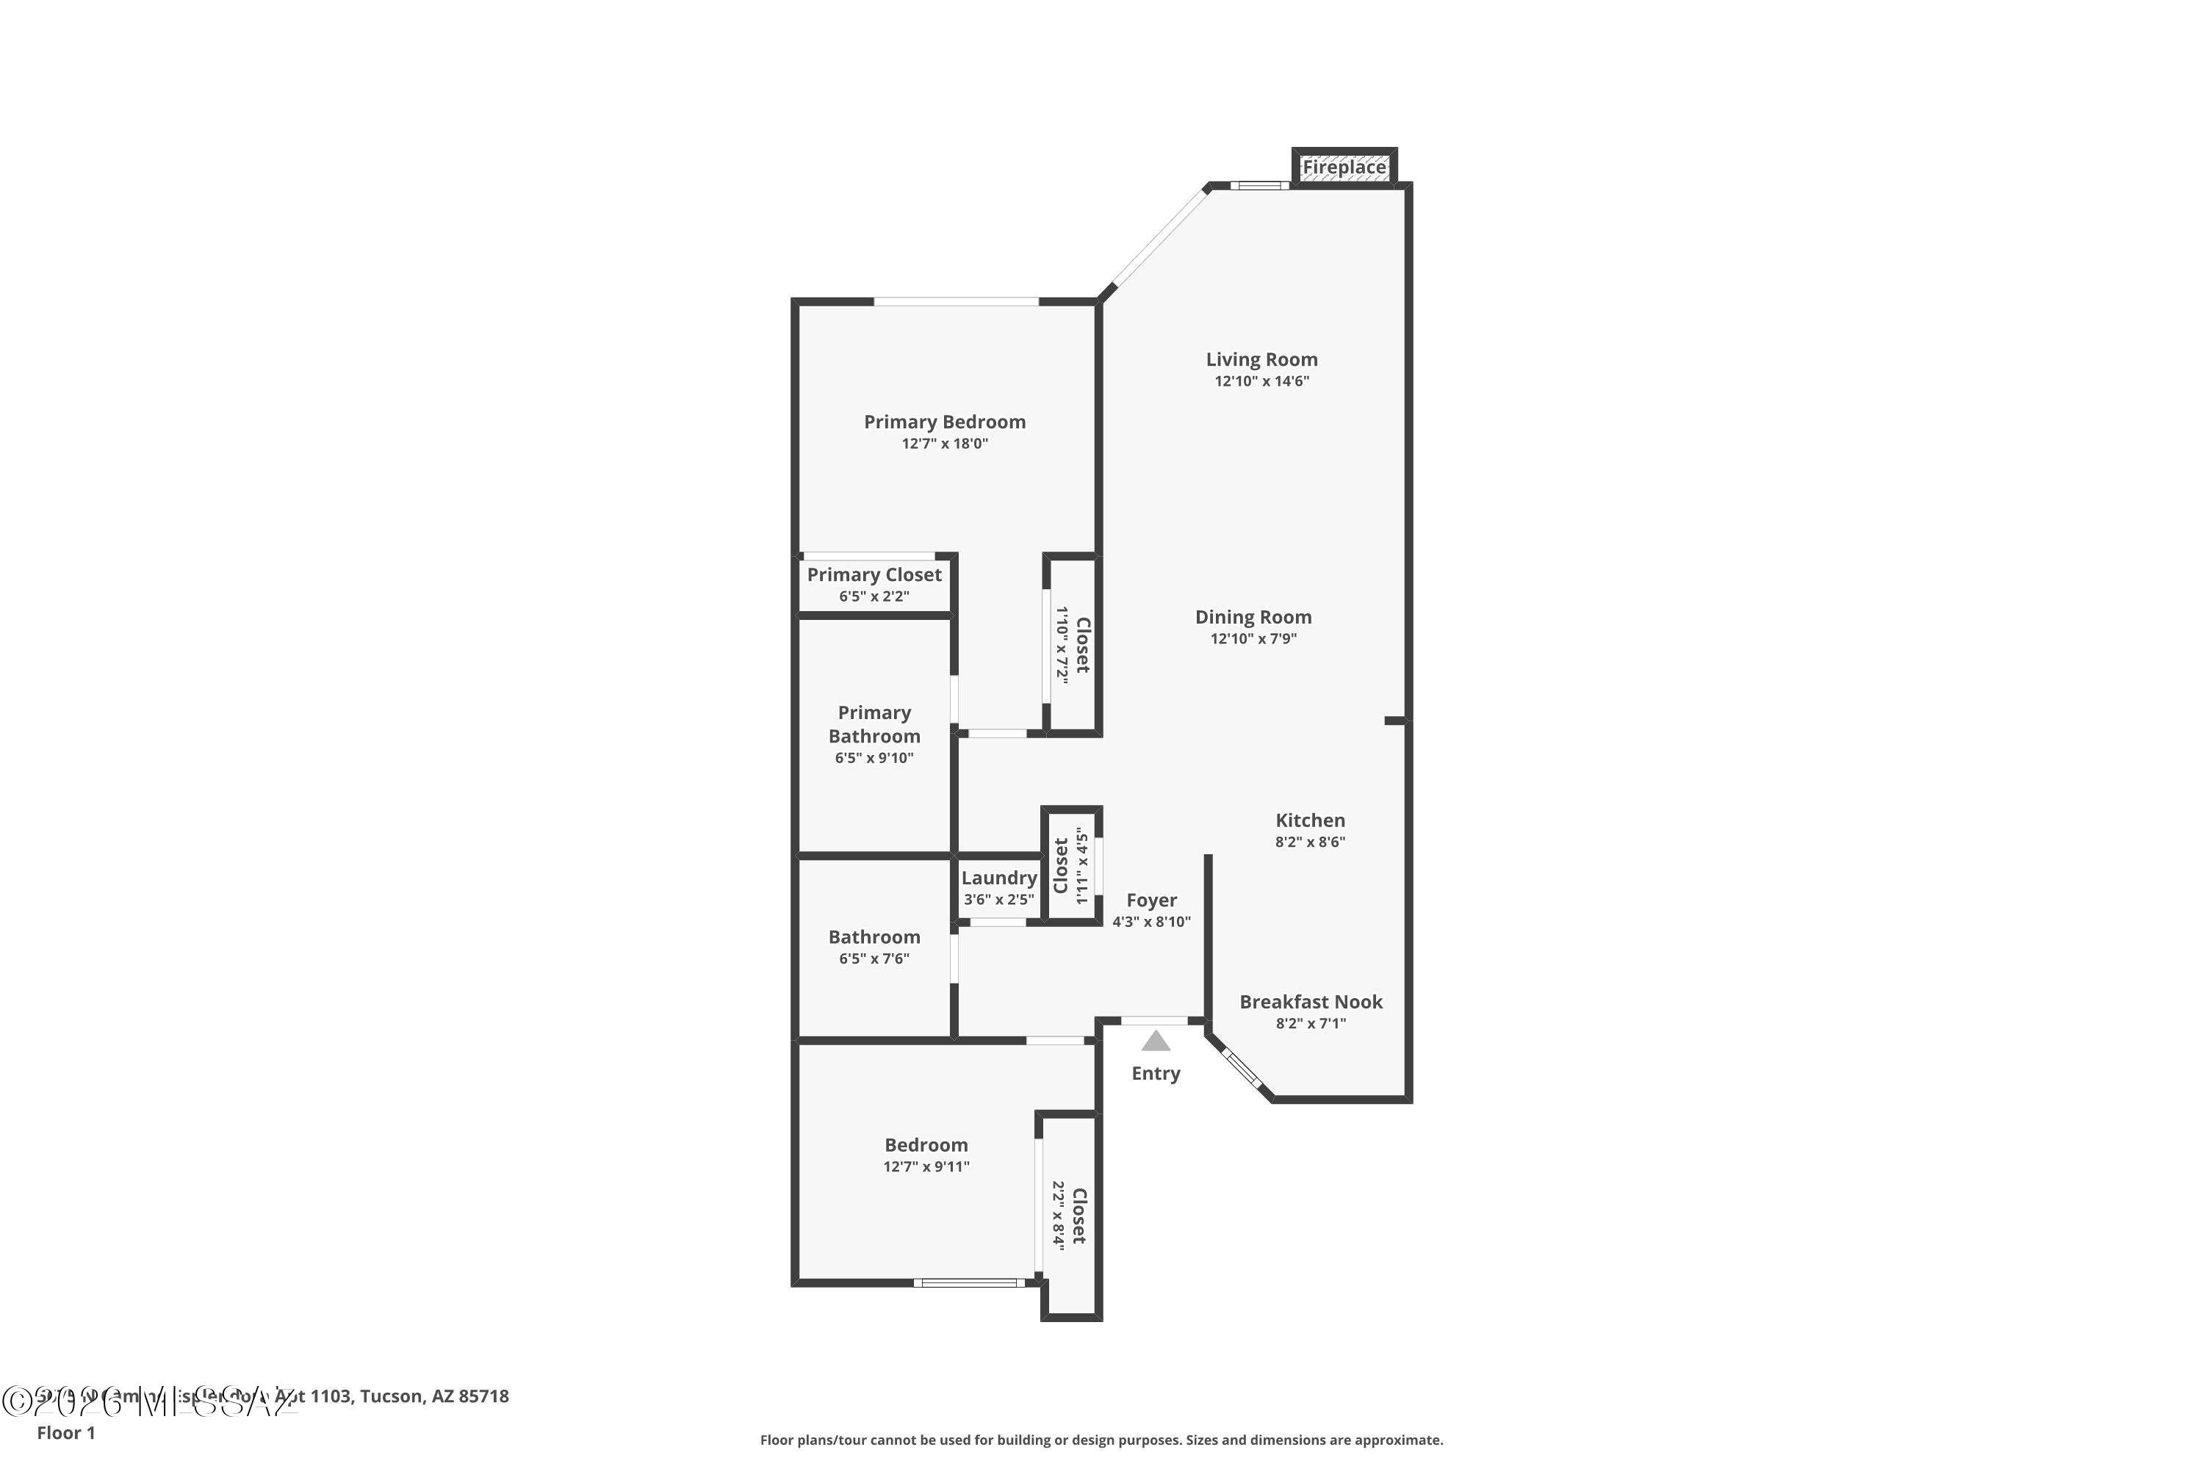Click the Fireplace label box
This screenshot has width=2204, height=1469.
click(x=1344, y=167)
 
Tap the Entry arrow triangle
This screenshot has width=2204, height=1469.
click(x=1156, y=1041)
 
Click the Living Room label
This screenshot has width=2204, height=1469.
click(x=1261, y=360)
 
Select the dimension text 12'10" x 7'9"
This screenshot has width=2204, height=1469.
click(x=1253, y=639)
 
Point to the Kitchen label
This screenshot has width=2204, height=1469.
click(x=1310, y=820)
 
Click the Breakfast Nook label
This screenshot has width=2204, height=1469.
click(x=1310, y=1003)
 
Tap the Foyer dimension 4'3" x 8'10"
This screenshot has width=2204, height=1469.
click(x=1150, y=922)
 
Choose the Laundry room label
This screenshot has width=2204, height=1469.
click(x=999, y=878)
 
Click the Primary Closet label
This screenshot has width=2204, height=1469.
click(x=874, y=575)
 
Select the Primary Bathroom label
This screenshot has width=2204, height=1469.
click(x=874, y=724)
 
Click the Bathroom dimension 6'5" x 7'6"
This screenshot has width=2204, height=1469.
click(x=874, y=959)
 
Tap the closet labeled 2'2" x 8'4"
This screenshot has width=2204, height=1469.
click(x=1069, y=1216)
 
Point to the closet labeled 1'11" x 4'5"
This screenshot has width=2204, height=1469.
click(x=1071, y=866)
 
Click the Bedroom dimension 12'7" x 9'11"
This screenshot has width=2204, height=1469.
click(x=926, y=1167)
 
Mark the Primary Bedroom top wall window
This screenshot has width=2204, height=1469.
click(x=956, y=302)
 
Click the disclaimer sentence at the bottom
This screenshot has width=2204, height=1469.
click(x=1101, y=1440)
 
